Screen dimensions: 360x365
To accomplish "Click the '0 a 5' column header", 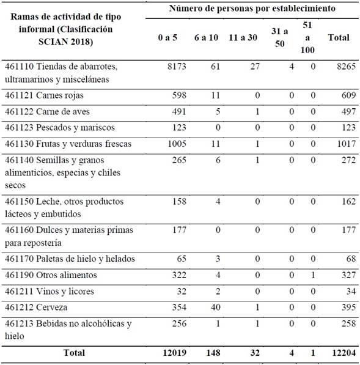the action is [168, 38].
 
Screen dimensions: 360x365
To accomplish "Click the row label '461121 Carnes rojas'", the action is [51, 95].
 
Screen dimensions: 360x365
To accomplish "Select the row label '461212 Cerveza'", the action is [39, 308].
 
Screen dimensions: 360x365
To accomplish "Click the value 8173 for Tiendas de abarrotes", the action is [174, 66].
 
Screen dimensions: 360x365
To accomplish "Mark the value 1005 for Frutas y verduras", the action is [174, 144].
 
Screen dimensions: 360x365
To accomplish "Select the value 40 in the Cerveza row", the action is [212, 308].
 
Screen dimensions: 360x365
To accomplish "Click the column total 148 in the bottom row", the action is [208, 352].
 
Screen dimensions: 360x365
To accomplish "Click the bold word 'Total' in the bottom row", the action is [73, 352].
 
